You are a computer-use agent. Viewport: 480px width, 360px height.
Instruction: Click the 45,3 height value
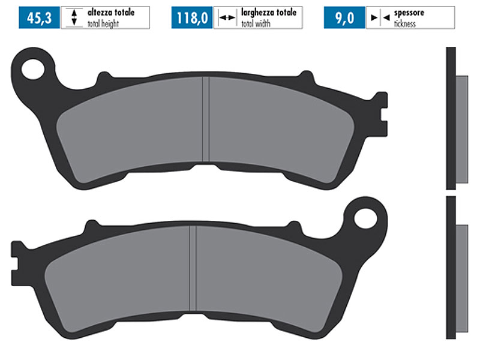[39, 18]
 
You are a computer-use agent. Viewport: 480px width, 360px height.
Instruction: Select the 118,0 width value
[192, 18]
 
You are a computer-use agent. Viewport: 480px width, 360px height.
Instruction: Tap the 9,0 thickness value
[344, 18]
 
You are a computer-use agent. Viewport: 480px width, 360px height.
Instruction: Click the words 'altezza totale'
[111, 13]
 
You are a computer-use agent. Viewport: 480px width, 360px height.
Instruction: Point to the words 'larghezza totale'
[269, 13]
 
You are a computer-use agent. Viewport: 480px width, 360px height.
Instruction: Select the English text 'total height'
[103, 23]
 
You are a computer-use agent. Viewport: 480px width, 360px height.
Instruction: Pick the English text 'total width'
[256, 23]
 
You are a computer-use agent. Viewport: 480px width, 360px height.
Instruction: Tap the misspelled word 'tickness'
[404, 23]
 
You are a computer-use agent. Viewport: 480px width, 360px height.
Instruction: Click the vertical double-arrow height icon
[74, 17]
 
